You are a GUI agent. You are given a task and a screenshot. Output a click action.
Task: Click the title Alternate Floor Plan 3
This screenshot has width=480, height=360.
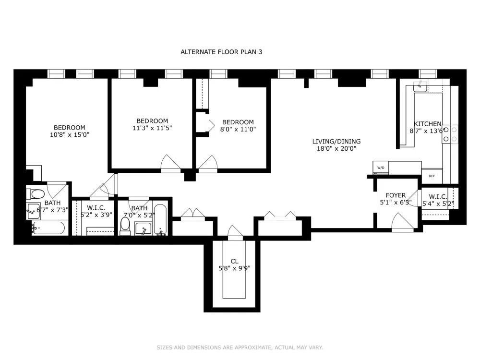tap(221, 52)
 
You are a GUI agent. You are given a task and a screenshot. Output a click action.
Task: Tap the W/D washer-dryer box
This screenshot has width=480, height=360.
tap(381, 168)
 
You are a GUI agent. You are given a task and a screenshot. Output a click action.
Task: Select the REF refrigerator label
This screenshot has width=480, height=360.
tap(432, 176)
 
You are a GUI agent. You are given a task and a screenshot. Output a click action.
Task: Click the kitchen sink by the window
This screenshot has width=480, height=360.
tap(420, 86)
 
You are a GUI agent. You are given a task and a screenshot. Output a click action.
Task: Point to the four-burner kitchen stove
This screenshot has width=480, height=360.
tap(450, 134)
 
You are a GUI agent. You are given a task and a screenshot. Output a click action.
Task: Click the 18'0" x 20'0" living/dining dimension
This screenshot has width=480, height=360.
tap(336, 149)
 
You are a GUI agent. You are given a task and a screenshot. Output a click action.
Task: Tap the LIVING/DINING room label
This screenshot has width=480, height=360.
tap(336, 142)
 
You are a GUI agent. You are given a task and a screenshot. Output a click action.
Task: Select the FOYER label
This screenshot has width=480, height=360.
tap(396, 195)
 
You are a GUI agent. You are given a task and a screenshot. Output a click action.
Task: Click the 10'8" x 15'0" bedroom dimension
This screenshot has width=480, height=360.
tap(70, 135)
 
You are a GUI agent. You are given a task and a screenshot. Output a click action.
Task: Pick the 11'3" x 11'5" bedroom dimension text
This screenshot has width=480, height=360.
tap(152, 128)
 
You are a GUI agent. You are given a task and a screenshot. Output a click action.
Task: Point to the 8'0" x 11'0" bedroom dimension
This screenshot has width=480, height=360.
tap(238, 129)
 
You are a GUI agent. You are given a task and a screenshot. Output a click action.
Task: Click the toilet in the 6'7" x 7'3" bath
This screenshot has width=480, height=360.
tap(36, 194)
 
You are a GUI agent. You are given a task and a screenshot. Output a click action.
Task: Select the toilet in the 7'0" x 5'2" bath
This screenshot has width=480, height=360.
tap(125, 226)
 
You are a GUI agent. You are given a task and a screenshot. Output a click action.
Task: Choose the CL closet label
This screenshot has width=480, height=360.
tap(235, 261)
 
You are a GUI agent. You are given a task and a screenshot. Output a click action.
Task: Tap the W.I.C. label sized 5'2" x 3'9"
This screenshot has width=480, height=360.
tap(96, 208)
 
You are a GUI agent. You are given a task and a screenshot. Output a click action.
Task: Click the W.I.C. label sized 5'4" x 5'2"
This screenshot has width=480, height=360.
tap(438, 197)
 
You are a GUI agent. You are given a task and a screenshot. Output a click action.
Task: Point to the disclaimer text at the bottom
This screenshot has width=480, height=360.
tap(240, 348)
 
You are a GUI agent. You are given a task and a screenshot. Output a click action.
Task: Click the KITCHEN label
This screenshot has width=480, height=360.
tap(428, 124)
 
